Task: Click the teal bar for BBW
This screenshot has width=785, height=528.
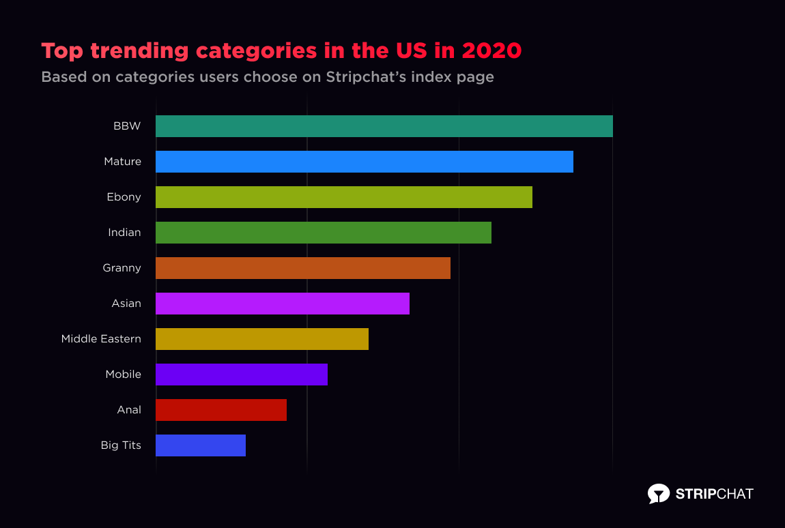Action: [x=384, y=126]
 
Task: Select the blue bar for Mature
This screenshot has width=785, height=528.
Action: [x=364, y=162]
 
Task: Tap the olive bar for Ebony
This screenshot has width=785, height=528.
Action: [x=343, y=197]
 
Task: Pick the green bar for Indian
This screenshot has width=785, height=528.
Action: [x=323, y=233]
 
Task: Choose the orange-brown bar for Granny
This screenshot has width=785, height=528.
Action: [x=302, y=268]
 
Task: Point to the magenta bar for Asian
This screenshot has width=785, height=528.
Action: [x=282, y=304]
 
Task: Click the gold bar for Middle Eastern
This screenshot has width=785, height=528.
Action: [x=261, y=339]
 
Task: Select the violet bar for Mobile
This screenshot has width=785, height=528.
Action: [x=241, y=375]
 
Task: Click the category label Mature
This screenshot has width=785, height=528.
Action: [x=122, y=162]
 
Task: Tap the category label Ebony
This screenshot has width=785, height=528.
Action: [x=124, y=197]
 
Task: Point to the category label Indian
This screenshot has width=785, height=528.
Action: [x=124, y=233]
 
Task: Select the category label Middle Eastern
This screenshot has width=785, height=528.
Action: [x=101, y=339]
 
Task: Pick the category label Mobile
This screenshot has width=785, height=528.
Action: [x=123, y=375]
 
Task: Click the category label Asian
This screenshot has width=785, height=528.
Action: [x=126, y=304]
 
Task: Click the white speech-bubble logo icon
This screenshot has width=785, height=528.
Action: [x=658, y=494]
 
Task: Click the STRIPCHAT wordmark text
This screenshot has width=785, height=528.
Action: [x=714, y=494]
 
